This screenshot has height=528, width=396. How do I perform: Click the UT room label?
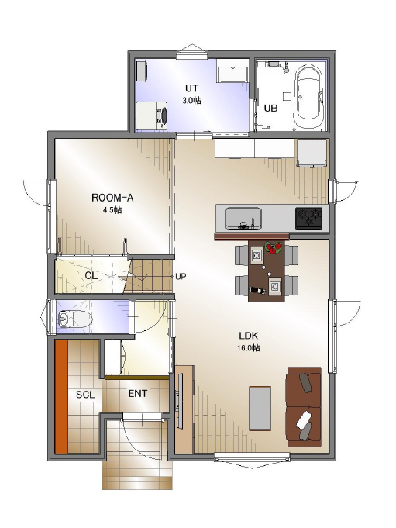(191, 88)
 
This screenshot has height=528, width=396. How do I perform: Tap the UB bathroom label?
(270, 109)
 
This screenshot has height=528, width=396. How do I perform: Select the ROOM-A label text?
(112, 198)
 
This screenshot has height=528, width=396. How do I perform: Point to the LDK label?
(248, 336)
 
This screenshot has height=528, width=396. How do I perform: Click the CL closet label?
(91, 276)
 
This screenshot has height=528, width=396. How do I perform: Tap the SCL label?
(85, 395)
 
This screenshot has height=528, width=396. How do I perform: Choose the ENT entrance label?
(138, 393)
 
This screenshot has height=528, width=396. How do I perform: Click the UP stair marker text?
(181, 277)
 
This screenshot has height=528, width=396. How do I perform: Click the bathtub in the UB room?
(309, 98)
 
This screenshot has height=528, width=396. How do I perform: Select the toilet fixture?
(74, 319)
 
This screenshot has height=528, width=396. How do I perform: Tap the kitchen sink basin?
(243, 218)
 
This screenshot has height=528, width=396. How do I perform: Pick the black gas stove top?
(308, 219)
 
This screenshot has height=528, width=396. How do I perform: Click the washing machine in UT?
(152, 116)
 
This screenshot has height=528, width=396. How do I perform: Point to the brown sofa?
(303, 407)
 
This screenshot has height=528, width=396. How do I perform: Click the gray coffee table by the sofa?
(260, 408)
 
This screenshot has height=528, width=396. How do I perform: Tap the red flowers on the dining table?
(274, 248)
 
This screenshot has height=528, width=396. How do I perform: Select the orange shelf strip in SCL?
(61, 397)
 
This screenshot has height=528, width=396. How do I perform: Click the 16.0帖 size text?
(248, 348)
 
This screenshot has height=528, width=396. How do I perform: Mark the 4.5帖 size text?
(112, 210)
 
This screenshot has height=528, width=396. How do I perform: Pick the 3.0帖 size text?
(191, 100)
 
